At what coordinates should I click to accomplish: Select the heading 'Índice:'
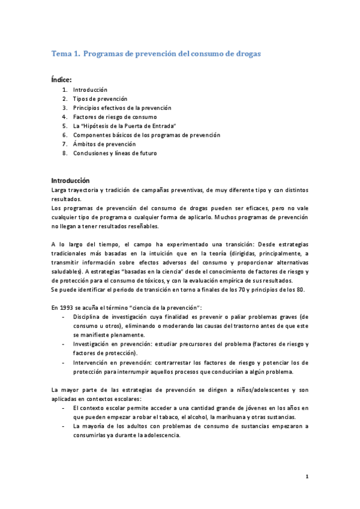(x=62, y=79)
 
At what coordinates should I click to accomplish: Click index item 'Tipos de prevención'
(x=100, y=98)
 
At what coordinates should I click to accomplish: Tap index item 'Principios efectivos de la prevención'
(x=122, y=107)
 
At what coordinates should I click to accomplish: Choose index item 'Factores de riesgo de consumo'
(x=115, y=116)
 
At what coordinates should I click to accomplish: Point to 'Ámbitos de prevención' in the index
(x=104, y=144)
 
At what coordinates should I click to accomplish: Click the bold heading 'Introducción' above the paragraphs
(x=70, y=180)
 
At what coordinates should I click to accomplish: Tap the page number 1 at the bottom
(x=307, y=477)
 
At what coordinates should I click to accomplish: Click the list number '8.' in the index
(x=64, y=153)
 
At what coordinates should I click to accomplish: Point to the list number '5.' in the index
(x=64, y=126)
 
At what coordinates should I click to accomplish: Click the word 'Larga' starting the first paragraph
(x=61, y=190)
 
